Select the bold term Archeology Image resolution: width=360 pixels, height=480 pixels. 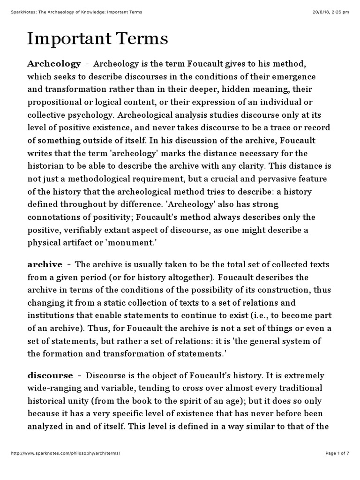pyautogui.click(x=54, y=63)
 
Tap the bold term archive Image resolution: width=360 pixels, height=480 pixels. pyautogui.click(x=45, y=264)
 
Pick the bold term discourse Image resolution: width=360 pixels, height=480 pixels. pyautogui.click(x=51, y=375)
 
